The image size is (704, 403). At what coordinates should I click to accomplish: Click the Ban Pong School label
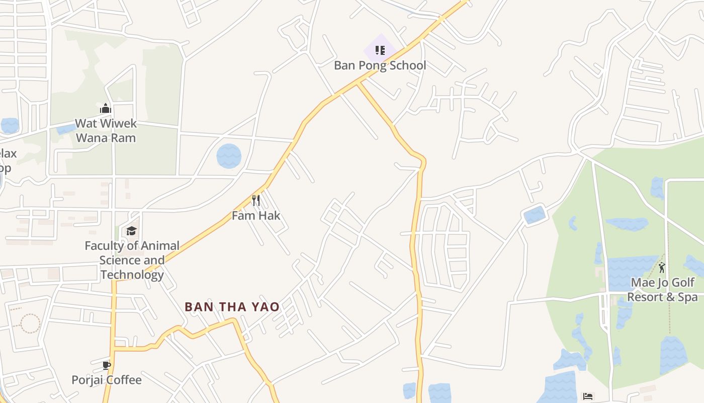[x=380, y=65]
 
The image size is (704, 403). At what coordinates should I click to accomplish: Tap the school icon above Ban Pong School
[x=380, y=50]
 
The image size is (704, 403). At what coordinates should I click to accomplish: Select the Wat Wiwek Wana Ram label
[x=106, y=130]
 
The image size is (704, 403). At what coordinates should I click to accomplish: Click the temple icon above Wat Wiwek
[x=105, y=108]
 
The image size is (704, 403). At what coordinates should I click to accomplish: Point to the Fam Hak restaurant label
[x=256, y=216]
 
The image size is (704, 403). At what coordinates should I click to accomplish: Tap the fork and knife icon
[x=256, y=200]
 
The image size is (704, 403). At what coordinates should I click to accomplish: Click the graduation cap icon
[x=131, y=231]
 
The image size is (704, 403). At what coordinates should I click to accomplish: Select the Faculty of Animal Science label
[x=132, y=260]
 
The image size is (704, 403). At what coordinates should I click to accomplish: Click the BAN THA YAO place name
[x=232, y=307]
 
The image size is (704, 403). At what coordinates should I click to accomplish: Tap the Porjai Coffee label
[x=107, y=380]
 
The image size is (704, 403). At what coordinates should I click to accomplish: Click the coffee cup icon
[x=107, y=365]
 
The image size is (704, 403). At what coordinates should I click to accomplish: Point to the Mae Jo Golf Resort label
[x=662, y=290]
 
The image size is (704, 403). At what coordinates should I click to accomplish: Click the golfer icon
[x=662, y=267]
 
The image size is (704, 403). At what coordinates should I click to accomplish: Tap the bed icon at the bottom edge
[x=588, y=396]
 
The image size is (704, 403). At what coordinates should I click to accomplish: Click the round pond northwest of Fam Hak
[x=229, y=156]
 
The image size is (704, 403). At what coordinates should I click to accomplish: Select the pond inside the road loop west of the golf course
[x=534, y=215]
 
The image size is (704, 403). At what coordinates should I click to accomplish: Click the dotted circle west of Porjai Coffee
[x=30, y=323]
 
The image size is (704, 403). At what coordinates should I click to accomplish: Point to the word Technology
[x=132, y=275]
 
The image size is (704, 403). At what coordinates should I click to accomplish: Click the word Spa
[x=687, y=297]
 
